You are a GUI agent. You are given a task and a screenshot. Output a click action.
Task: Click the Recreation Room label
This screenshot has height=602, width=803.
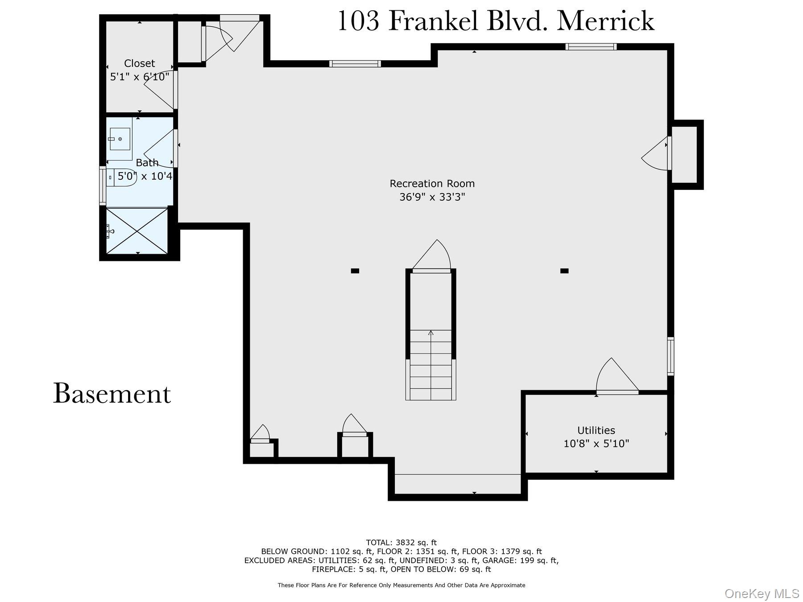coord(432,183)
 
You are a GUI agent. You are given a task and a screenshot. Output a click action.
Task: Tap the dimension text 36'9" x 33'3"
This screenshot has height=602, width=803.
coord(432,197)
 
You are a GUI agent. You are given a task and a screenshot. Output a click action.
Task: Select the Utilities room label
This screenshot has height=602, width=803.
coord(596,430)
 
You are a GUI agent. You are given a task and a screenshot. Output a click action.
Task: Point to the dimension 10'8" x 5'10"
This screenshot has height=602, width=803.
coord(596,444)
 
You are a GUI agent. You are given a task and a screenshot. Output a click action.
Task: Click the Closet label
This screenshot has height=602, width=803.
coord(139,63)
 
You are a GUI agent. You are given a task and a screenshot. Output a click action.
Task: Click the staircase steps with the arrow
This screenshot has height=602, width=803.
coord(430,365)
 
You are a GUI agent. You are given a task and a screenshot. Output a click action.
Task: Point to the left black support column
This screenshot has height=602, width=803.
coord(355,271)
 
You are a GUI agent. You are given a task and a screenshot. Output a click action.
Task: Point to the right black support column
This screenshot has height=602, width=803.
coord(564,271)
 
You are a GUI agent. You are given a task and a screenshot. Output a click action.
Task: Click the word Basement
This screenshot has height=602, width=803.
coord(112,394)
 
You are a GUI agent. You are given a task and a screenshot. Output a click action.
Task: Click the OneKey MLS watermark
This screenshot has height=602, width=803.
coord(762,594)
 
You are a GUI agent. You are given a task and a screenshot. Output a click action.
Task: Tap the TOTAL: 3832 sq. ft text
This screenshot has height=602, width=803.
coord(401,543)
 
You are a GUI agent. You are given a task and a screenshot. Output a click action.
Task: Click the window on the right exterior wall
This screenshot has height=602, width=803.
coord(670,356)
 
